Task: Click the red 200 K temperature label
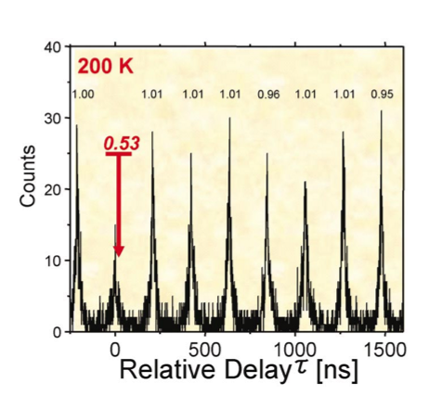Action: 105,66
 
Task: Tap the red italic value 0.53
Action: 122,144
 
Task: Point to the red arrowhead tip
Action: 119,257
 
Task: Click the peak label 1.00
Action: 84,94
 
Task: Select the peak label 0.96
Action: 268,95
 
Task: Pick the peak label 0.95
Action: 382,94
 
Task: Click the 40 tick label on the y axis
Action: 53,47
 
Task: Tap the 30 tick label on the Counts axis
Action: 53,119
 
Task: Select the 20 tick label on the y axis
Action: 53,189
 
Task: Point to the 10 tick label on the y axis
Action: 53,261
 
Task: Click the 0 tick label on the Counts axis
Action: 58,332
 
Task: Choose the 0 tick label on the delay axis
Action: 115,351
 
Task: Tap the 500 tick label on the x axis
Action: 205,351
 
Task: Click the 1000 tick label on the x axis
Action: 295,351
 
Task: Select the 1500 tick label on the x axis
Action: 385,351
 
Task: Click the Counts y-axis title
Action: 28,176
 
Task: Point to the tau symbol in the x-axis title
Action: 301,368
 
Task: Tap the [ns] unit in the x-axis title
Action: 337,370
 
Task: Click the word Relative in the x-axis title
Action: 167,369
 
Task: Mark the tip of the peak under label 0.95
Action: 382,110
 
